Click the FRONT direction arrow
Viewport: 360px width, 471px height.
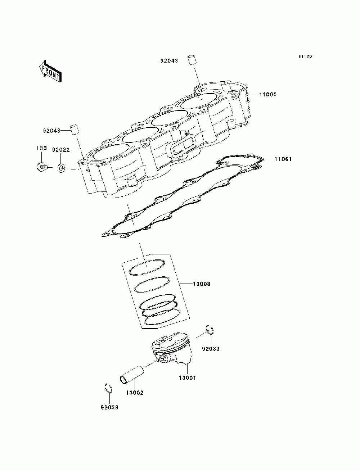point(50,71)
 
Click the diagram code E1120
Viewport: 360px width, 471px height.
point(305,56)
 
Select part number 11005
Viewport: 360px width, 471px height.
point(268,94)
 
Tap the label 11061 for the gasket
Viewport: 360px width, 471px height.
point(283,159)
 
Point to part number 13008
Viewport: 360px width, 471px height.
point(202,284)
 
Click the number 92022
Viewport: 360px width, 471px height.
point(61,150)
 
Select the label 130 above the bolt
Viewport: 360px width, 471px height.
point(41,148)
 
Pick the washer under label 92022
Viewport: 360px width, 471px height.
point(61,168)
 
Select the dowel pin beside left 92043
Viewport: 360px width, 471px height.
point(75,130)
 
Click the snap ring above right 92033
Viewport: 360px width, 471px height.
point(210,330)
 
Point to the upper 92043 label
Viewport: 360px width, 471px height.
point(169,61)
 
